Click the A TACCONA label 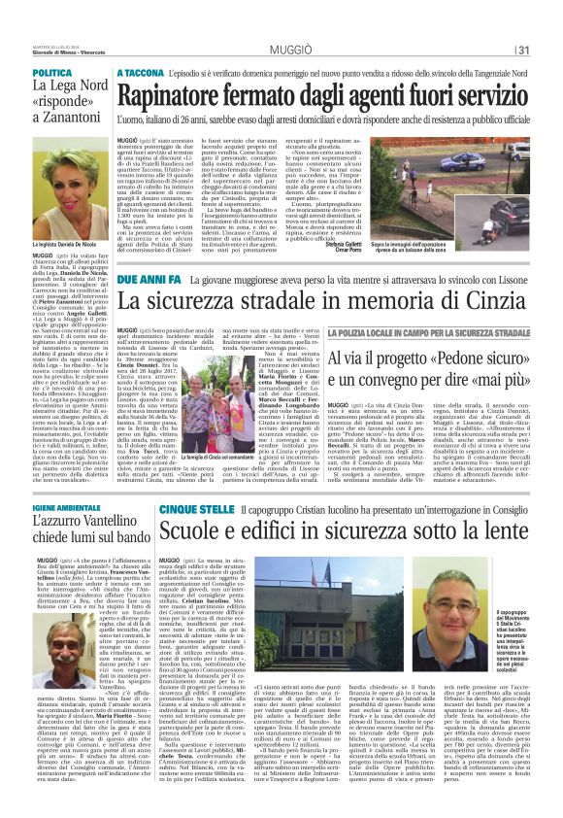[x=142, y=73]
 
